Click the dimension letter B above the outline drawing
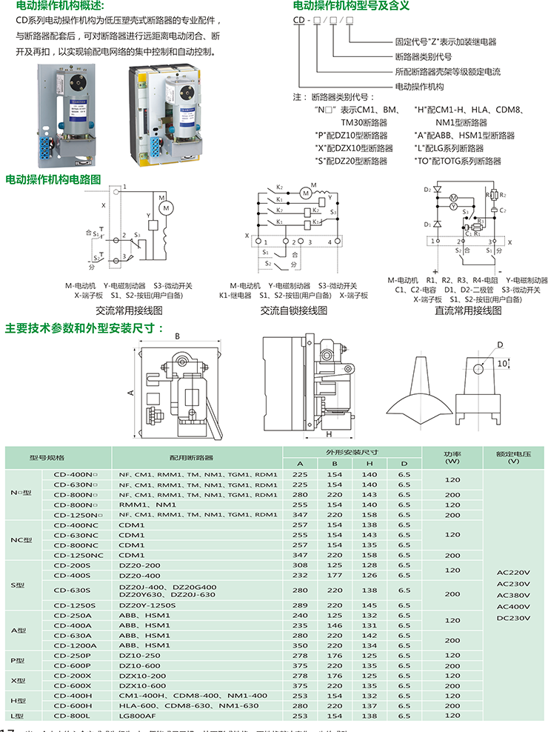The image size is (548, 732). click(x=177, y=336)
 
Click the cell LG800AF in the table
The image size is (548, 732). click(x=138, y=716)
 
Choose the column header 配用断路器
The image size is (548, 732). click(x=195, y=457)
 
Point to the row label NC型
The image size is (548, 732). click(x=21, y=539)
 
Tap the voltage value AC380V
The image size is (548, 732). click(x=513, y=595)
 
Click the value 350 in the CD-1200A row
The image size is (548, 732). click(x=300, y=645)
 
